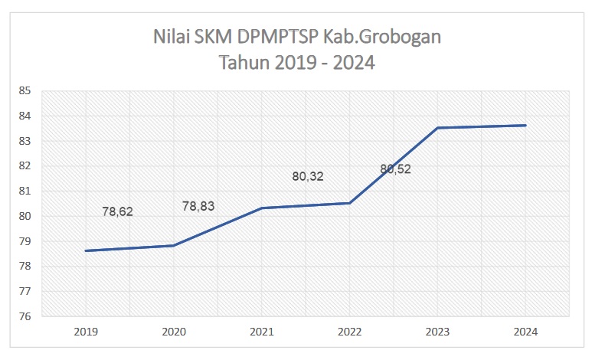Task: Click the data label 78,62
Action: (117, 211)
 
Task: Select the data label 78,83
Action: (198, 206)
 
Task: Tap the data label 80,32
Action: (308, 176)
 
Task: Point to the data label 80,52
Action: (395, 169)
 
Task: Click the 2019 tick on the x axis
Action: (85, 332)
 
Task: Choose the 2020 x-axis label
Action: (173, 332)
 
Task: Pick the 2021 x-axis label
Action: (261, 332)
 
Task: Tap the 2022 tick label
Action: (349, 332)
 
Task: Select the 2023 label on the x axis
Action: (437, 332)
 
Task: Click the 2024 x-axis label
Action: (525, 332)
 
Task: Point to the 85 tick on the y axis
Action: (25, 91)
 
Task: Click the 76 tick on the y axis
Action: (25, 316)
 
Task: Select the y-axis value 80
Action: (25, 216)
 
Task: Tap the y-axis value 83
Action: (25, 141)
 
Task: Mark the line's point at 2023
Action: (437, 128)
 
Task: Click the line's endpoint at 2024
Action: (525, 126)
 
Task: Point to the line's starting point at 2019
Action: (85, 250)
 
